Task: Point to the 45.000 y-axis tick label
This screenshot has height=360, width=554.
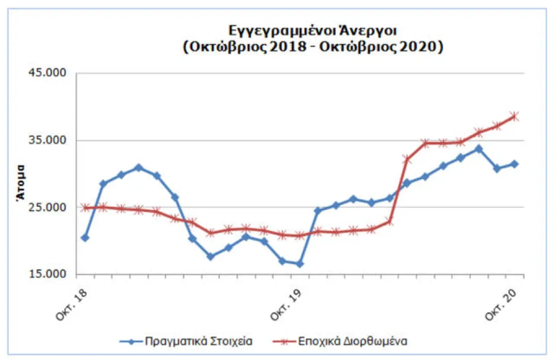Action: tap(51, 73)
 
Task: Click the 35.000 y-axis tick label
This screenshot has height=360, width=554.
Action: tap(51, 140)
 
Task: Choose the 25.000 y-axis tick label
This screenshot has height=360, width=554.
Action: tap(51, 207)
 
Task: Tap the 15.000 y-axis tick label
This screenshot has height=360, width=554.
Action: tap(51, 275)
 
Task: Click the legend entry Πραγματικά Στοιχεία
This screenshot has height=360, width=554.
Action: tap(198, 341)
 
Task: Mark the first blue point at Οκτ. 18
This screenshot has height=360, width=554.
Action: tap(85, 238)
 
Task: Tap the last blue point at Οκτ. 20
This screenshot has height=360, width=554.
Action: tap(514, 164)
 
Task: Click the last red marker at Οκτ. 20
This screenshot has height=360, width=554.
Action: tap(514, 116)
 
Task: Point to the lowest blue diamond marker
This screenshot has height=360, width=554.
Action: tap(300, 264)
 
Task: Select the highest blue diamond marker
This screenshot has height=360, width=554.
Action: tap(479, 149)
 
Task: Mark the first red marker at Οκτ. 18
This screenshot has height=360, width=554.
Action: tap(85, 207)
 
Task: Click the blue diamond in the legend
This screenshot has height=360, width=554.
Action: tap(131, 341)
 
